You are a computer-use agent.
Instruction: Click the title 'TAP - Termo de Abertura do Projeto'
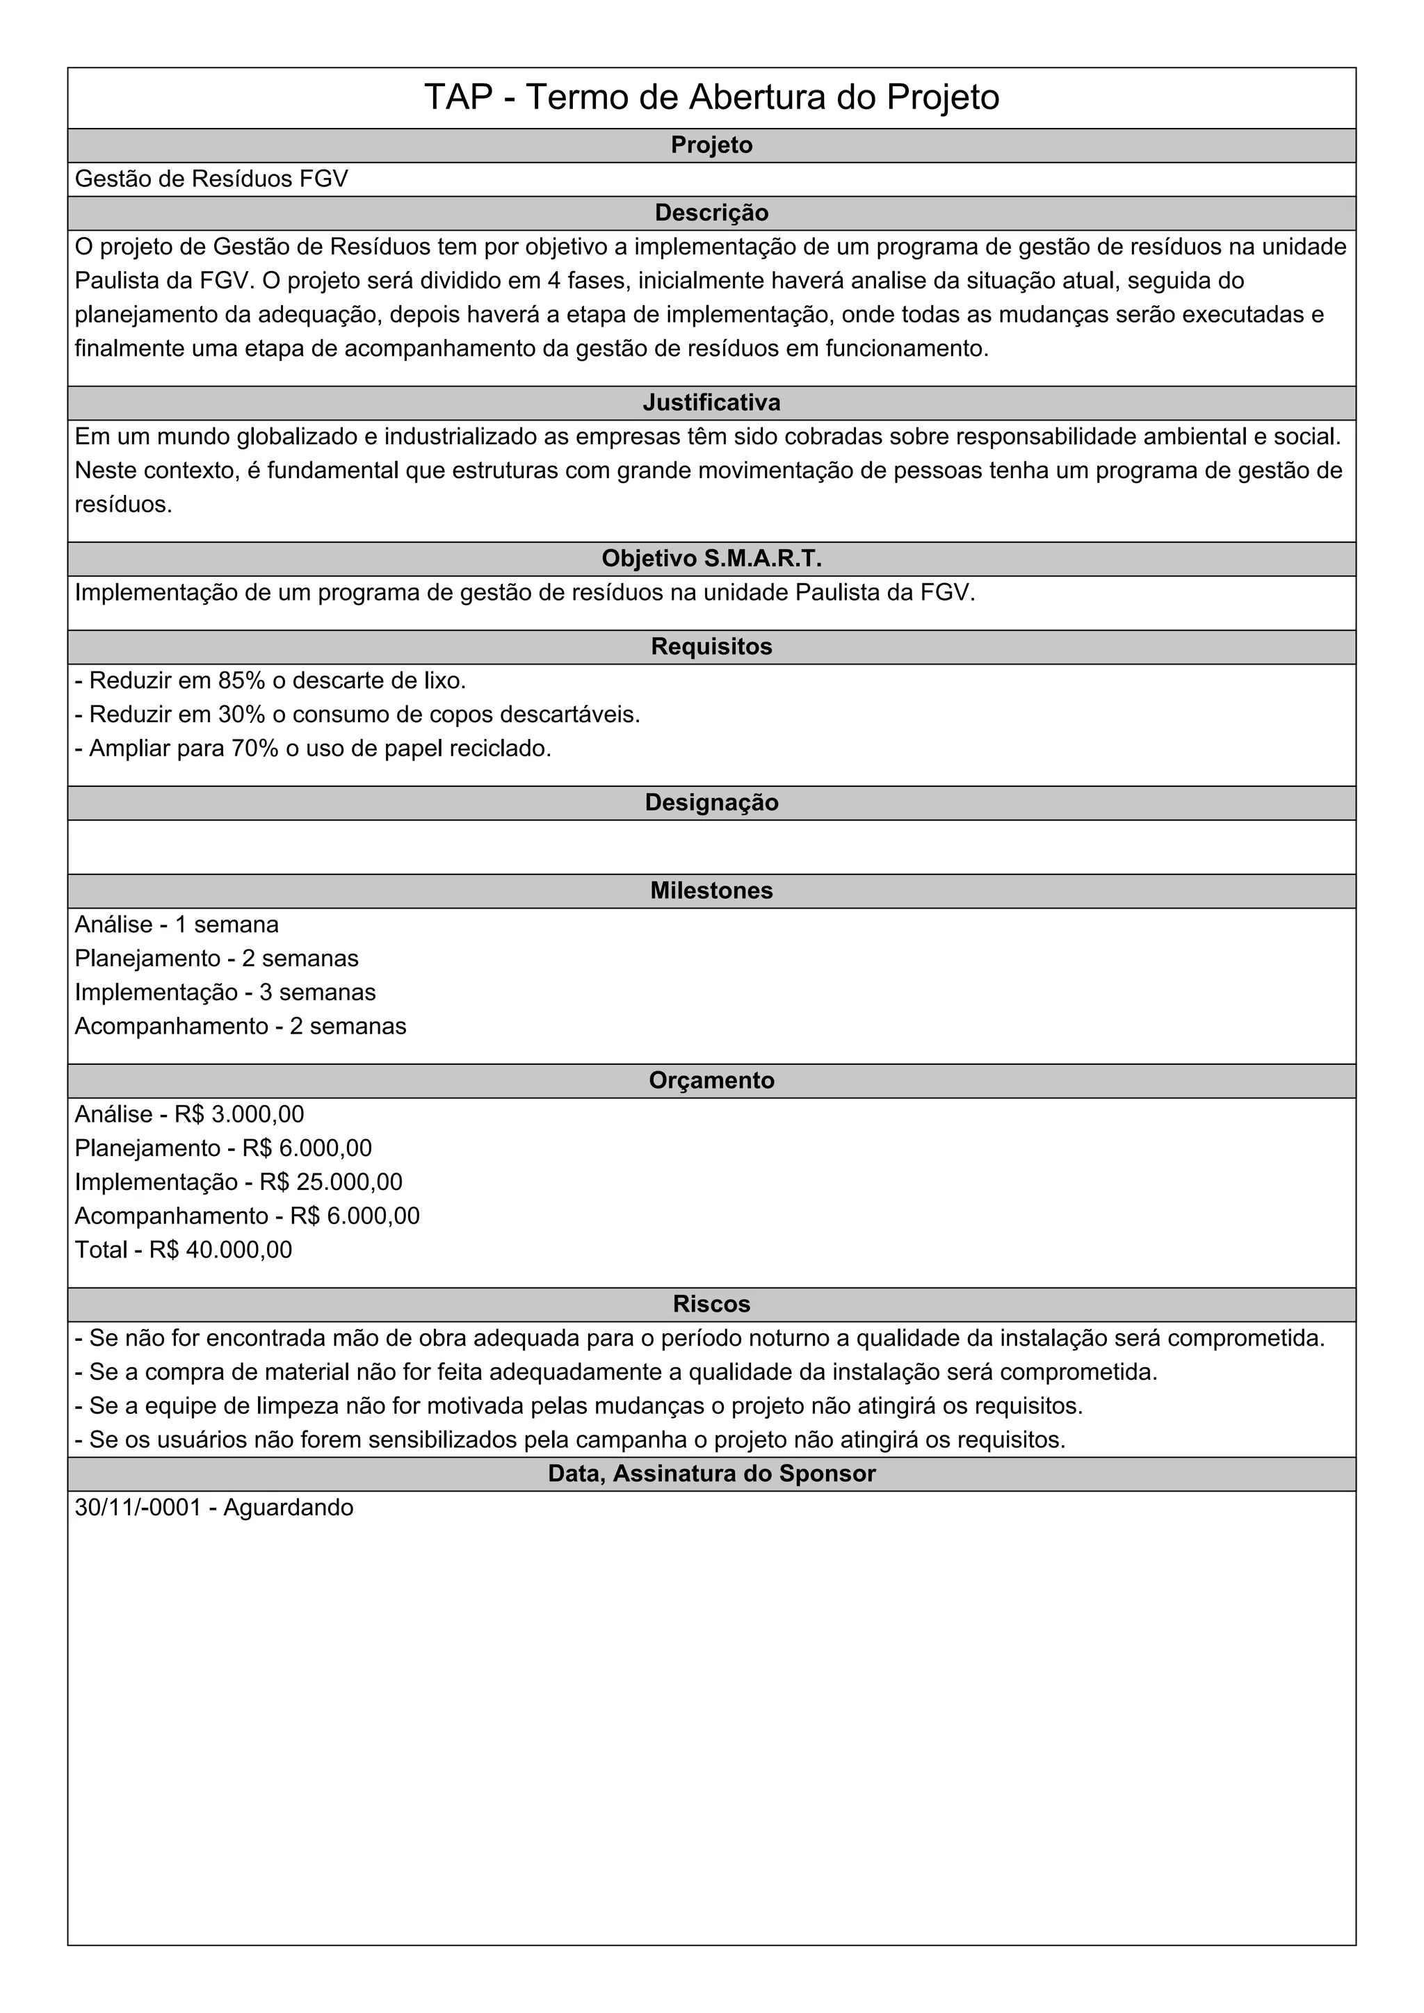point(711,97)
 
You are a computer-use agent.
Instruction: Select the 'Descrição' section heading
point(711,213)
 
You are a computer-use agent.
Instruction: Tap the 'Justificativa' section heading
point(711,402)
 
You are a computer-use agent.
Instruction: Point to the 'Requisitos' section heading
point(711,646)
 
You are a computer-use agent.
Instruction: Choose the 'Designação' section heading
point(711,802)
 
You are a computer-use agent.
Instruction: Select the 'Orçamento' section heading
point(711,1080)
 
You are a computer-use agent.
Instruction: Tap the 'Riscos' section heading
point(711,1304)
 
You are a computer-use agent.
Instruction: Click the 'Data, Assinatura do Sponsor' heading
point(711,1473)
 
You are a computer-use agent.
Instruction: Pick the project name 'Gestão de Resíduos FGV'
point(211,179)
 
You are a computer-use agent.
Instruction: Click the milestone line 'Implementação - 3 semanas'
point(225,993)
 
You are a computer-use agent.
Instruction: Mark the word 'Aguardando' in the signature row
point(289,1507)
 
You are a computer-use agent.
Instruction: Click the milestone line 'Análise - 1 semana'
point(177,925)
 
